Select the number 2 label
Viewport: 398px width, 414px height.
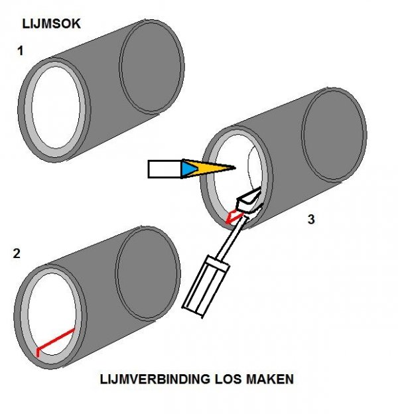click(x=16, y=252)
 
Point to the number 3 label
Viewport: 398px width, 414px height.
click(x=311, y=220)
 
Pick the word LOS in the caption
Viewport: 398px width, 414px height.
click(x=224, y=381)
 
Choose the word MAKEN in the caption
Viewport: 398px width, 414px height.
click(x=269, y=381)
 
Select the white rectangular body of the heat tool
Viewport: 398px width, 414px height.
click(x=164, y=169)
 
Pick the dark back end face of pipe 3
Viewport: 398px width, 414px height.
click(x=335, y=135)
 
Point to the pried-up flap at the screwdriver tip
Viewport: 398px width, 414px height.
click(x=249, y=200)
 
